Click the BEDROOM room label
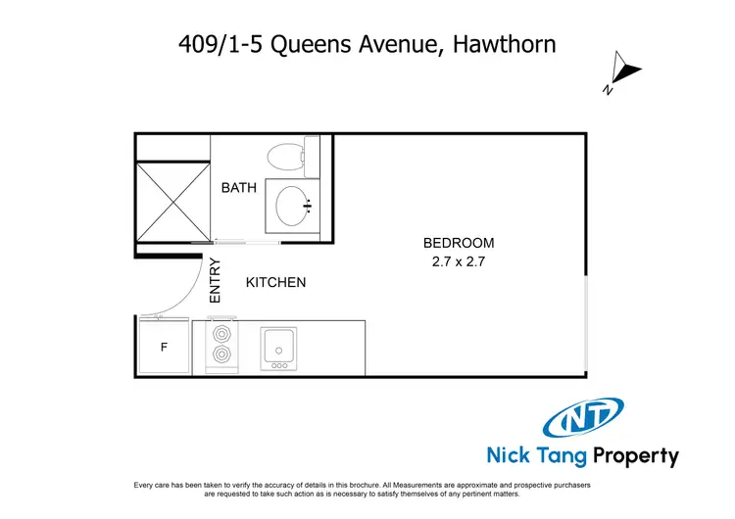point(459,243)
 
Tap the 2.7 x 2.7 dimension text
point(459,261)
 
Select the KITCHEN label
point(275,283)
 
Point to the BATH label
point(238,187)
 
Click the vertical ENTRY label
point(217,281)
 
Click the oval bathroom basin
point(293,206)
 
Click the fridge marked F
point(164,347)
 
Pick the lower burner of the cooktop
point(221,355)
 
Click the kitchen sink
point(279,346)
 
